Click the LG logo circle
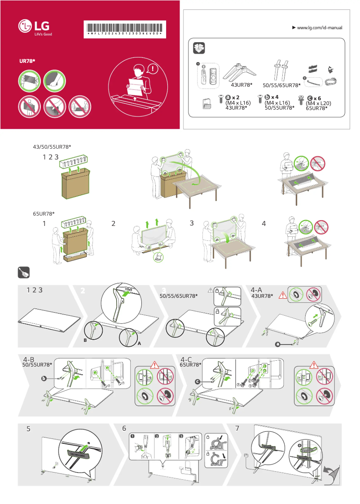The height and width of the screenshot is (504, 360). coord(25,27)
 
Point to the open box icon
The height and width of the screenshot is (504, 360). coord(198,48)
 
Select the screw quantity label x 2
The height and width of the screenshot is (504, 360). coord(235,97)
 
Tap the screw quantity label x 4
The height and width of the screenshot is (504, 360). coord(274,97)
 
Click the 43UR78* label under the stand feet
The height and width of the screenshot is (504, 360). coord(241,85)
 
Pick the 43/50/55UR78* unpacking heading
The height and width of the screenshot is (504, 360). coord(53,147)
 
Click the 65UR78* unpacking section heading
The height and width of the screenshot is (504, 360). coord(44,213)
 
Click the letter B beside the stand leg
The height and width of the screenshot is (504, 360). coord(85,340)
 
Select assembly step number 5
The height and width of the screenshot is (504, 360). coord(28,429)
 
